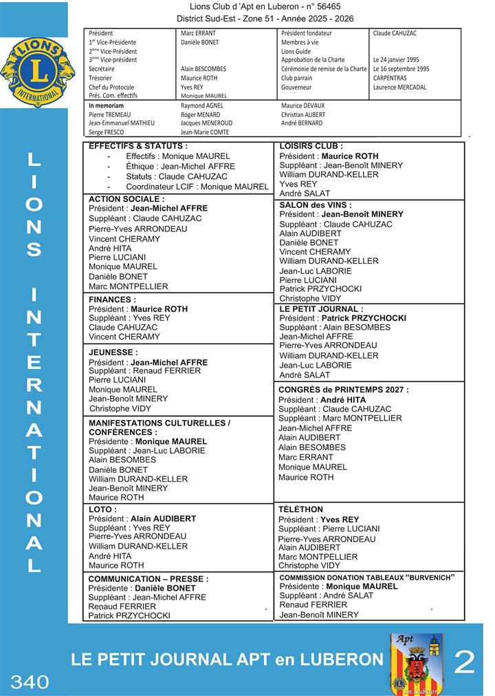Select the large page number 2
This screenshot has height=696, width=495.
pos(465,662)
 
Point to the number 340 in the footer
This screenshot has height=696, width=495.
pos(30,682)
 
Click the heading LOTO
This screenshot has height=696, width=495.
pos(102,509)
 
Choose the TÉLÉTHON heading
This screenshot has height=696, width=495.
pos(300,509)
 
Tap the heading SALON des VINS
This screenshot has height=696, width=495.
pos(316,205)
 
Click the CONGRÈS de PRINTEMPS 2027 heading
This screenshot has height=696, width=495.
pos(343,390)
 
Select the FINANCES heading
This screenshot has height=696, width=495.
pos(112,299)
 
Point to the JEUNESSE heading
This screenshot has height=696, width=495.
pos(113,352)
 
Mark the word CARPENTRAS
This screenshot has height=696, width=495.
pos(390,78)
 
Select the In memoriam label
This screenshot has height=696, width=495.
pos(106,105)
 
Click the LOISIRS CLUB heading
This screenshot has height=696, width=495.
pos(311,146)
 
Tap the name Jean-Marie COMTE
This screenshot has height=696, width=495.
pos(205,131)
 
